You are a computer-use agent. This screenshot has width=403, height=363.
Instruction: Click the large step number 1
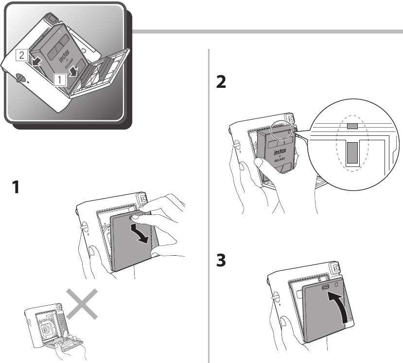[17, 187]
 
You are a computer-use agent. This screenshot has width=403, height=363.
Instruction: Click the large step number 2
[221, 83]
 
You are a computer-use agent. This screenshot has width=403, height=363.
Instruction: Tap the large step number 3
[221, 260]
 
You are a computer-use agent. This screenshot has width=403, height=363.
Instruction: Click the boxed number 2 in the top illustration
[21, 55]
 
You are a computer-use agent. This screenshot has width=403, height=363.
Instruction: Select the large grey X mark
[82, 304]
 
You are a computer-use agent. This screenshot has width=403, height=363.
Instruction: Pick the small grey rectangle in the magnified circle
[352, 126]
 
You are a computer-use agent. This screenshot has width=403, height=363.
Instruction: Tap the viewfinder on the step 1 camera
[143, 198]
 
